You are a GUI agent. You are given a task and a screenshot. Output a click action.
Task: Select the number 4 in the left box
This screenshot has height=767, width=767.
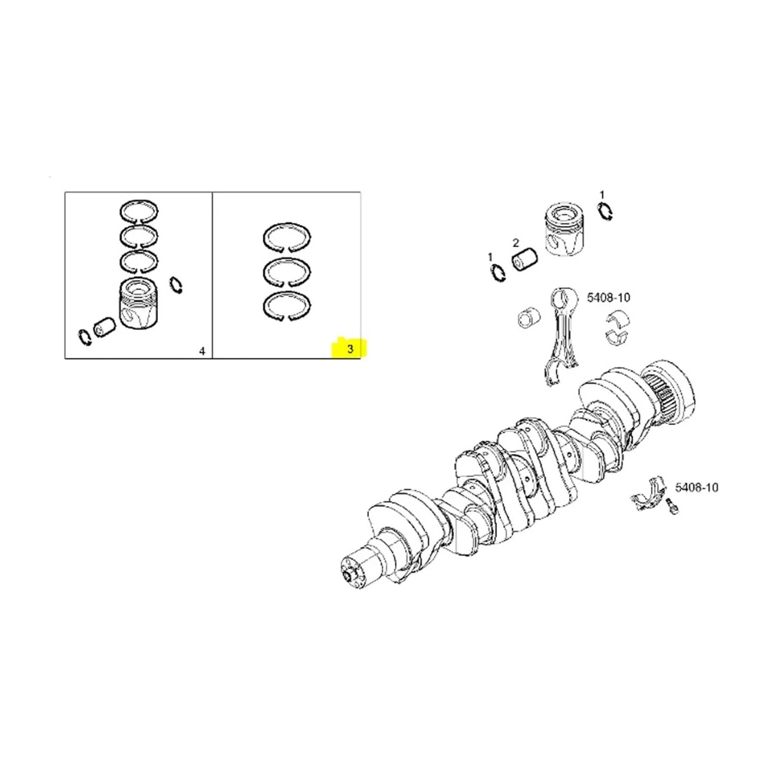[x=202, y=351]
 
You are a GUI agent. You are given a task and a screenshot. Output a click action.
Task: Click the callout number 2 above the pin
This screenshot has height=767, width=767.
[x=516, y=242]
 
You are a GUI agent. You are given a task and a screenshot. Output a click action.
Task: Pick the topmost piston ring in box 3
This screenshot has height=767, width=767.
[x=288, y=236]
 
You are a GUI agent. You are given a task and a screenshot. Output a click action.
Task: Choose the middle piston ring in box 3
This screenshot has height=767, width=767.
[x=288, y=271]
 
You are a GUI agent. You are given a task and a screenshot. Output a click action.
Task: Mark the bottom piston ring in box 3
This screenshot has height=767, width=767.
[x=288, y=304]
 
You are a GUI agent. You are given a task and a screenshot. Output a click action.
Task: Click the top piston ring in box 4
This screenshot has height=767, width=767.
[x=139, y=211]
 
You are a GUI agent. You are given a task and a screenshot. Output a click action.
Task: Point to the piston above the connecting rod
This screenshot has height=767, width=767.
[x=562, y=228]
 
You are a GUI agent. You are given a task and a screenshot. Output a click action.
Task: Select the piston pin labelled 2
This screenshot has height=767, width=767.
[x=525, y=262]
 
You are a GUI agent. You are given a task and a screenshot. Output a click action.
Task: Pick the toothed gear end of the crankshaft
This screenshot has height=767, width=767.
[x=669, y=392]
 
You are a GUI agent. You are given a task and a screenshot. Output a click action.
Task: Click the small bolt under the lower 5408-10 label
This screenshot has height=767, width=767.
[x=672, y=508]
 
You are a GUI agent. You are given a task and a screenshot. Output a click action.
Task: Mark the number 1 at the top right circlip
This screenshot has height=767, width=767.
[x=602, y=195]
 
